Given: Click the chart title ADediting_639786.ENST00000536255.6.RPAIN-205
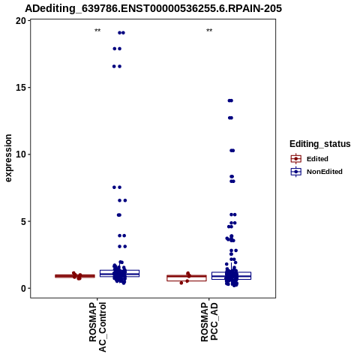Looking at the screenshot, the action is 153,8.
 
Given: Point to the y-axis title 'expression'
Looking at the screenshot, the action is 8,158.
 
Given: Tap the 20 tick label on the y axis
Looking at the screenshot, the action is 21,21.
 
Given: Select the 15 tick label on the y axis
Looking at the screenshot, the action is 21,88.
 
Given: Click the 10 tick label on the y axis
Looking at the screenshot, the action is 21,154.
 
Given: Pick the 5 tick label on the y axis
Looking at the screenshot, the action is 23,221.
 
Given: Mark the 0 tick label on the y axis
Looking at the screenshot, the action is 23,288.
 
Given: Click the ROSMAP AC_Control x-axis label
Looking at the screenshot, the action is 97,327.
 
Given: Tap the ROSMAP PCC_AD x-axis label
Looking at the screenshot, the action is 209,322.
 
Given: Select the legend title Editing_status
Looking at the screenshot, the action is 319,144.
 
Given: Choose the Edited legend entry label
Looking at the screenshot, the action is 317,159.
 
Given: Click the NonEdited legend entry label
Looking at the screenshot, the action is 325,172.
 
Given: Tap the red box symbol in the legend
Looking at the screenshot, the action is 296,159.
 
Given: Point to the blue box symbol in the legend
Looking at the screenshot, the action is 296,172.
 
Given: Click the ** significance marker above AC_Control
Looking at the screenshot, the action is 97,31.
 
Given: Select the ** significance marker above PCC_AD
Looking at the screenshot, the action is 209,31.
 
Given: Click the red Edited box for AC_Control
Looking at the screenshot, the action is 75,276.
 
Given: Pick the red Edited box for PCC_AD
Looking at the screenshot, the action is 187,278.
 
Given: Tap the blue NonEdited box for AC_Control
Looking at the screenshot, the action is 119,273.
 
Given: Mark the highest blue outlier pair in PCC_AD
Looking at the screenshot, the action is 230,100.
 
